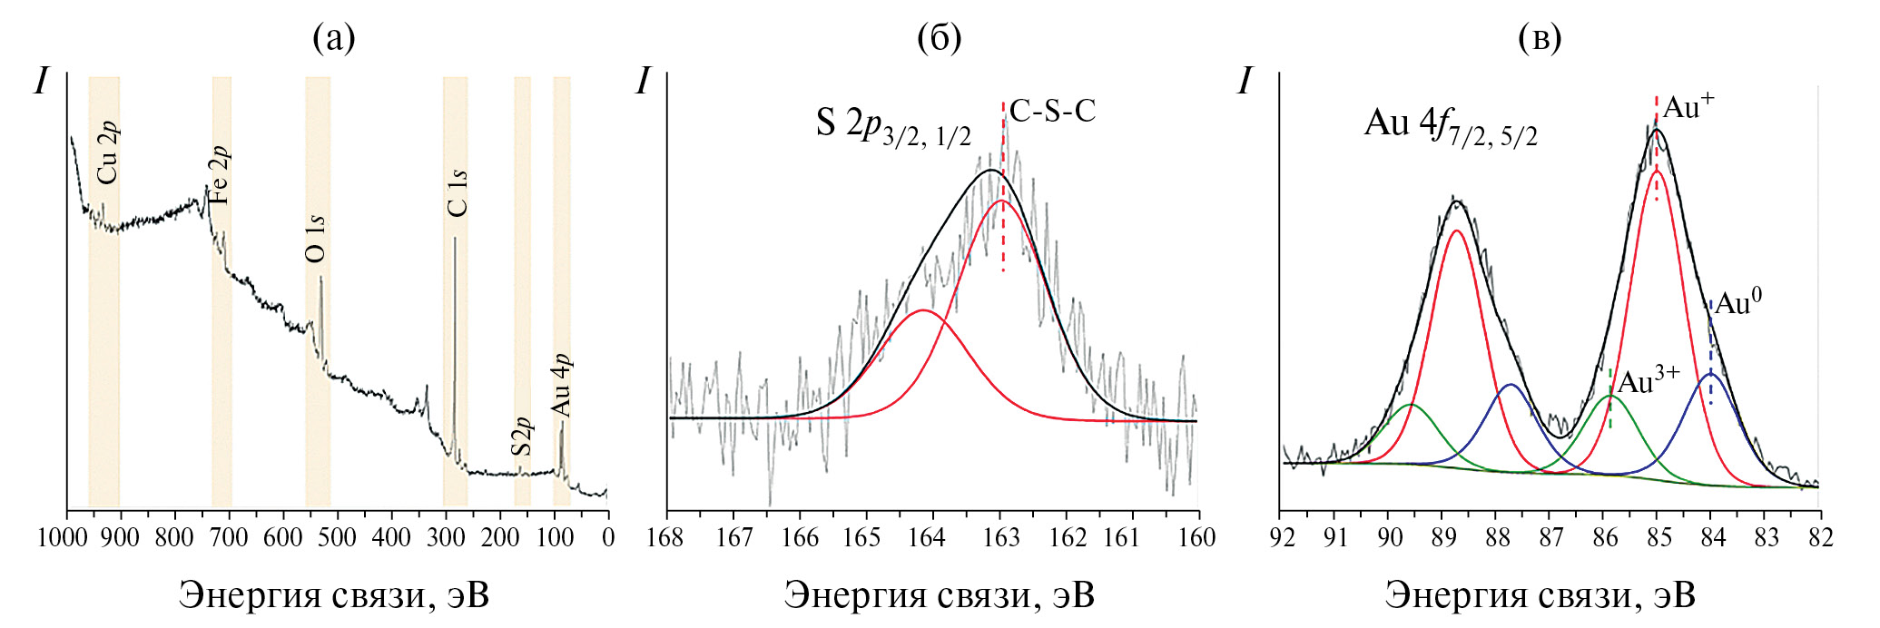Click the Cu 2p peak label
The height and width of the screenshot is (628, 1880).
click(107, 152)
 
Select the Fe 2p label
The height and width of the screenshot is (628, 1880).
click(219, 175)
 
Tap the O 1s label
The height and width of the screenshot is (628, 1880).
click(315, 239)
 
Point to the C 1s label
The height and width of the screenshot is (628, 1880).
click(458, 193)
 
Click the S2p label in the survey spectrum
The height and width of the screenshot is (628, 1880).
click(521, 437)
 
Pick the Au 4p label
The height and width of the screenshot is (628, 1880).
click(562, 385)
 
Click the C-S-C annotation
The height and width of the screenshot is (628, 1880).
click(1052, 112)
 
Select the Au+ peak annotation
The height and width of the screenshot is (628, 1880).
click(1688, 107)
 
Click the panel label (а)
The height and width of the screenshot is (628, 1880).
click(334, 38)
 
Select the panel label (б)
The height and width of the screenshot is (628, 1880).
click(939, 38)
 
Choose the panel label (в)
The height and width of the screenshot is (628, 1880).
click(1540, 38)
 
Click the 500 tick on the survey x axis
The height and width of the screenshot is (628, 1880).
click(338, 538)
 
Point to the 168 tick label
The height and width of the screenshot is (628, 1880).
click(667, 538)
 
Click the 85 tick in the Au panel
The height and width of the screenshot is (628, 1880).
click(1658, 538)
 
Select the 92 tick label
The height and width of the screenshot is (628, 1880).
click(1282, 538)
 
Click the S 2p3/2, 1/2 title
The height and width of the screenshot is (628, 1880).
click(893, 127)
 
